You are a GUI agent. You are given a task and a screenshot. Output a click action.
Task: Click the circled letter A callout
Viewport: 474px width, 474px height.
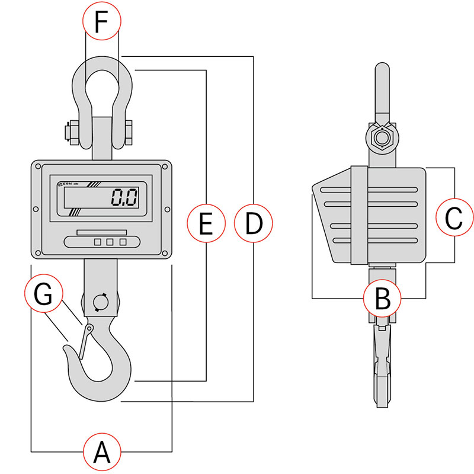tap(102, 452)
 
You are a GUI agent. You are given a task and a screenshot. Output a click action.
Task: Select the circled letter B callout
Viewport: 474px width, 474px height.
tap(382, 298)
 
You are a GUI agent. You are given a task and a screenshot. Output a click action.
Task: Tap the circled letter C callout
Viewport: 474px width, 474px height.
tap(454, 217)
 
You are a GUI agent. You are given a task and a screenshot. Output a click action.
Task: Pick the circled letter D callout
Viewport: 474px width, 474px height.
tap(254, 223)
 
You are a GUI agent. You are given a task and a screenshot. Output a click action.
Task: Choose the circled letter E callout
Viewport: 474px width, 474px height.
tap(206, 223)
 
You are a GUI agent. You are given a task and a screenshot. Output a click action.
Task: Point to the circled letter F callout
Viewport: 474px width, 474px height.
tap(102, 21)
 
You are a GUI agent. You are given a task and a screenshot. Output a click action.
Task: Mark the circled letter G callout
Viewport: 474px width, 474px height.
tap(43, 293)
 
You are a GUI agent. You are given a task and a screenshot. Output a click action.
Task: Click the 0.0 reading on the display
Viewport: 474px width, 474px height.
tap(124, 197)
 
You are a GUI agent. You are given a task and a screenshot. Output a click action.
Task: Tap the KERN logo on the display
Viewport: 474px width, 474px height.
tap(66, 184)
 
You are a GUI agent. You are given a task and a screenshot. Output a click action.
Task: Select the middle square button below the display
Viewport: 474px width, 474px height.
tap(110, 242)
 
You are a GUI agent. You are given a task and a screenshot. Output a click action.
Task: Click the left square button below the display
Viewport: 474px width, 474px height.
tap(97, 242)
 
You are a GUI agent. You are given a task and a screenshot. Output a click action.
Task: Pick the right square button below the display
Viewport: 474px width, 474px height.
tap(123, 242)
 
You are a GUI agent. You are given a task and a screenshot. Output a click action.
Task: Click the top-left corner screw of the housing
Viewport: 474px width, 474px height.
tap(39, 166)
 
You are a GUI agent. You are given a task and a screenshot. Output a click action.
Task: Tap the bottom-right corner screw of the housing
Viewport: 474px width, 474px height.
tap(165, 253)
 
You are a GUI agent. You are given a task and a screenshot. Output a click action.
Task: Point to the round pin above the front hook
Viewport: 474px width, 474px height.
tap(100, 302)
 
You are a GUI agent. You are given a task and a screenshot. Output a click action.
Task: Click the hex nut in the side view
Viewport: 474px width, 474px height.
tap(382, 137)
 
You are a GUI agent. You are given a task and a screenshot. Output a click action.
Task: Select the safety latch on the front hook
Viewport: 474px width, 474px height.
tap(85, 341)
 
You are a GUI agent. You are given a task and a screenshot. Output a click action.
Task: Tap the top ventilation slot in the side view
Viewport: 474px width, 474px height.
tap(369, 190)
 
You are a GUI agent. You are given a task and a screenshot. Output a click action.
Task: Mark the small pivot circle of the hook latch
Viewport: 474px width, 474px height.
tap(89, 328)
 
